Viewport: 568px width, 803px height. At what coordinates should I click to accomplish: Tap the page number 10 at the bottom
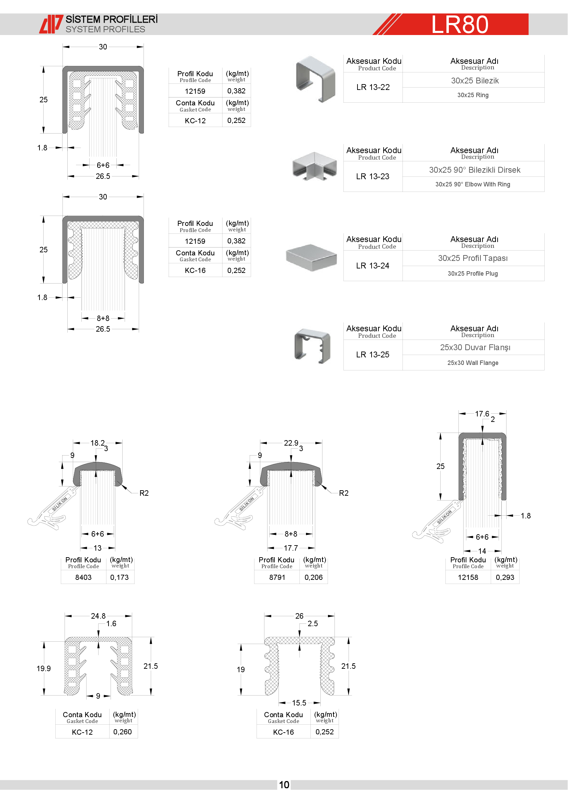click(x=284, y=785)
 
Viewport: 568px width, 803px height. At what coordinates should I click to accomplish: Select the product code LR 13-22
click(x=373, y=87)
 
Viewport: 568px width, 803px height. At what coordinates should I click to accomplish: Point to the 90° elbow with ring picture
click(x=315, y=166)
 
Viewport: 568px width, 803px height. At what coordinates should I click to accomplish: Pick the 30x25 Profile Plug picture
click(x=311, y=257)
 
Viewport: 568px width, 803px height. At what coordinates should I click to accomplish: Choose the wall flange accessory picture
click(x=312, y=346)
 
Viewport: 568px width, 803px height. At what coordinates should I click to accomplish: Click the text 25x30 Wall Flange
click(x=473, y=363)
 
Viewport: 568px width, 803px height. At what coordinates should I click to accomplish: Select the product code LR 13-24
click(x=373, y=266)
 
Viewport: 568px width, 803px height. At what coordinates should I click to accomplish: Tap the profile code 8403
click(x=83, y=577)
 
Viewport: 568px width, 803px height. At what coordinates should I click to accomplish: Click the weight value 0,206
click(x=314, y=577)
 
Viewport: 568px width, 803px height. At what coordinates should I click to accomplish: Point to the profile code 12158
click(x=468, y=577)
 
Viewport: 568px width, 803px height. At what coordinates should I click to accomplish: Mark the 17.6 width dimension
click(x=482, y=414)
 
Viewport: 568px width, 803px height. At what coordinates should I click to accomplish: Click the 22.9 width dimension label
click(x=291, y=443)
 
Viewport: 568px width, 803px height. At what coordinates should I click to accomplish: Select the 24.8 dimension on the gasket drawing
click(x=98, y=616)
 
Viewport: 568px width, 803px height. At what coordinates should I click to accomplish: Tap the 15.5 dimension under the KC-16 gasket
click(x=299, y=703)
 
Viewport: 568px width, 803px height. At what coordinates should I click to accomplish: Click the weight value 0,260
click(x=122, y=732)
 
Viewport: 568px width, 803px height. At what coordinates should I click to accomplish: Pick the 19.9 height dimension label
click(x=44, y=669)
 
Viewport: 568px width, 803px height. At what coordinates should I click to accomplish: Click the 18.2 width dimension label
click(x=98, y=443)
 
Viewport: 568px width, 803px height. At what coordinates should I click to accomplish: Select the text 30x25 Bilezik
click(x=475, y=81)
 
